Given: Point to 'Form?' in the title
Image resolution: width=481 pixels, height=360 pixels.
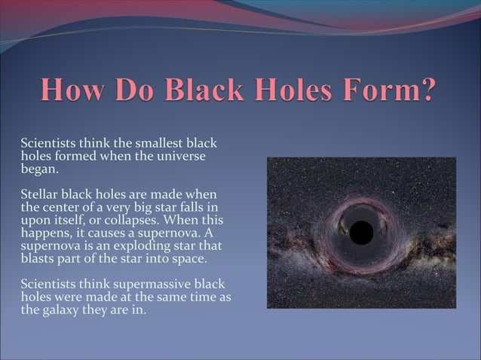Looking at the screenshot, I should [397, 91].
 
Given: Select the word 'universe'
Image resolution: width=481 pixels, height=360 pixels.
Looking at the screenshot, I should [179, 156].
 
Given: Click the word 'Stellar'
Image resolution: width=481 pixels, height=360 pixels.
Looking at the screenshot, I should [41, 195].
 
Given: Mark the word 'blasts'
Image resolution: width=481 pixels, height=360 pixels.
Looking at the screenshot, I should [38, 259].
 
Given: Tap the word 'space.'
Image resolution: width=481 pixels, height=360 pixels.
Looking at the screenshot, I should [185, 259].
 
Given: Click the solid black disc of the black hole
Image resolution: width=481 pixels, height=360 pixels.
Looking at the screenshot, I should [361, 233].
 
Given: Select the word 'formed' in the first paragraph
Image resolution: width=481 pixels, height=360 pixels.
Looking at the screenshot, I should [75, 156].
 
